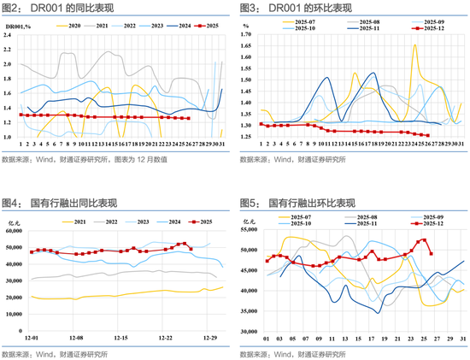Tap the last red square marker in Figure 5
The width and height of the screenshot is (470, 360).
pyautogui.click(x=431, y=253)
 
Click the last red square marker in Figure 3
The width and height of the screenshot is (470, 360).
pyautogui.click(x=427, y=135)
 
